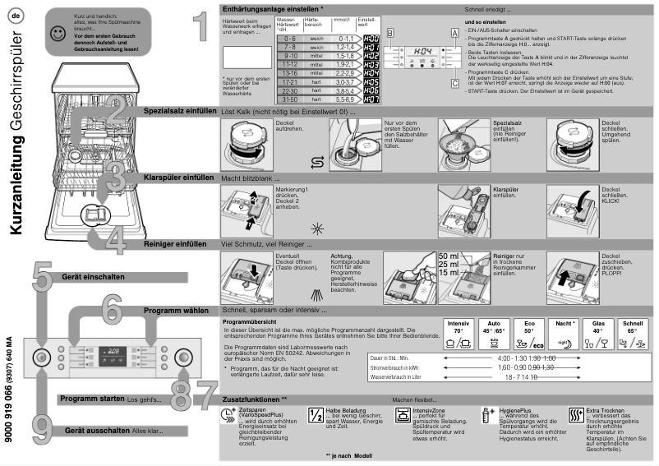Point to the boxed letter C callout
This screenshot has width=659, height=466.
[x=453, y=82]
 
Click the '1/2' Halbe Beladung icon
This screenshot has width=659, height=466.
[x=316, y=415]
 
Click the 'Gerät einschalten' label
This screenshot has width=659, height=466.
[x=93, y=277]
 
